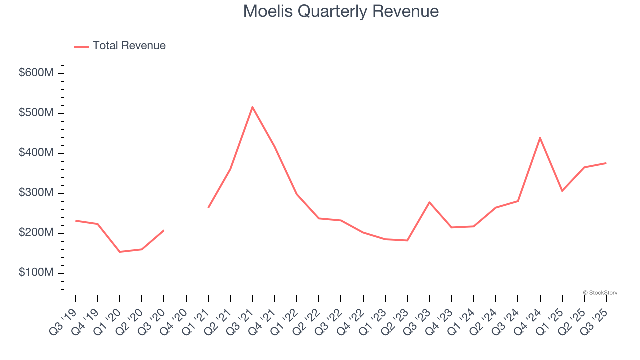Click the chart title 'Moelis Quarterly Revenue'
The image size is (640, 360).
tap(341, 11)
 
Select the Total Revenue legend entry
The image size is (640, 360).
tap(120, 46)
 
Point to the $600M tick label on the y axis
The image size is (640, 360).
tap(36, 73)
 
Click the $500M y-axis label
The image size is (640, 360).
tap(36, 113)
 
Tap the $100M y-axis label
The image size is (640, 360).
tap(36, 273)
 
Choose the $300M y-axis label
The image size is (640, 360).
tap(36, 193)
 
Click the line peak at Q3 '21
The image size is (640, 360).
tap(252, 107)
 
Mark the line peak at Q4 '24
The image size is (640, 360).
tap(540, 138)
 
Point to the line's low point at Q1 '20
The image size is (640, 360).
tap(120, 252)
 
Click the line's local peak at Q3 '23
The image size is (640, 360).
tap(429, 202)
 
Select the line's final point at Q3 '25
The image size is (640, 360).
tap(606, 163)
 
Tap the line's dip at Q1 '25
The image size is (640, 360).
tap(562, 191)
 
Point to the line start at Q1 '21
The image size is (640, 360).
tap(208, 207)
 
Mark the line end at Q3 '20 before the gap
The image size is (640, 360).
tap(164, 230)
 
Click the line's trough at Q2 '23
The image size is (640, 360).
tap(407, 240)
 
